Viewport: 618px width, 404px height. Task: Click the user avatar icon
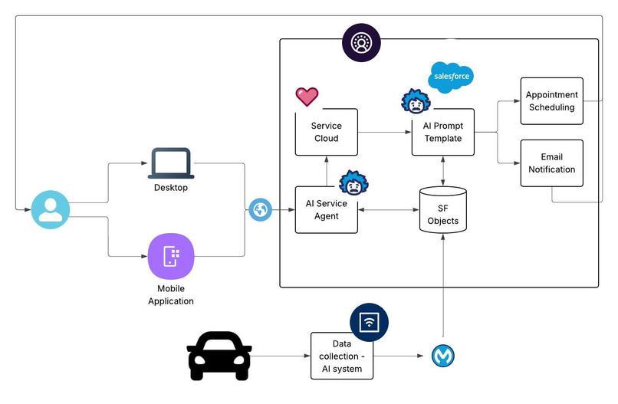51,209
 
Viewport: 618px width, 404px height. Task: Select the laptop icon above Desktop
170,163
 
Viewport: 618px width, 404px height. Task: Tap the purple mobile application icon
170,256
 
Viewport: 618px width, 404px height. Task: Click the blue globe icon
261,209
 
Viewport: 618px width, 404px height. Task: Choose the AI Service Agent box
326,209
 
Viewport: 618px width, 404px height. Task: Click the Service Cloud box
326,132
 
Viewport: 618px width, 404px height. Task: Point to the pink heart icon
307,97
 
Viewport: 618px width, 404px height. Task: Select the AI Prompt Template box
442,132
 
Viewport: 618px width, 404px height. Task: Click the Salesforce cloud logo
451,77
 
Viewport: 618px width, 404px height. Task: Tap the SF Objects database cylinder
442,209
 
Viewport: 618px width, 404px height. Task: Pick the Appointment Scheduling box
551,100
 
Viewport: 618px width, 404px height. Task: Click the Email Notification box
551,163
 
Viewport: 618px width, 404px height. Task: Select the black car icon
219,356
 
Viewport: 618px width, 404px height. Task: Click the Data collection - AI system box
342,356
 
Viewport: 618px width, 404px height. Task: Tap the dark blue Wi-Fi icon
369,322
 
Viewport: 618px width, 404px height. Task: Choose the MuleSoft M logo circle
442,356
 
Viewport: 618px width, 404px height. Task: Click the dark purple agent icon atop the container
360,42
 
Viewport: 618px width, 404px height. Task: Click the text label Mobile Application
170,294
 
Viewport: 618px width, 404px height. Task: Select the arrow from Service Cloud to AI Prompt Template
383,132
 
